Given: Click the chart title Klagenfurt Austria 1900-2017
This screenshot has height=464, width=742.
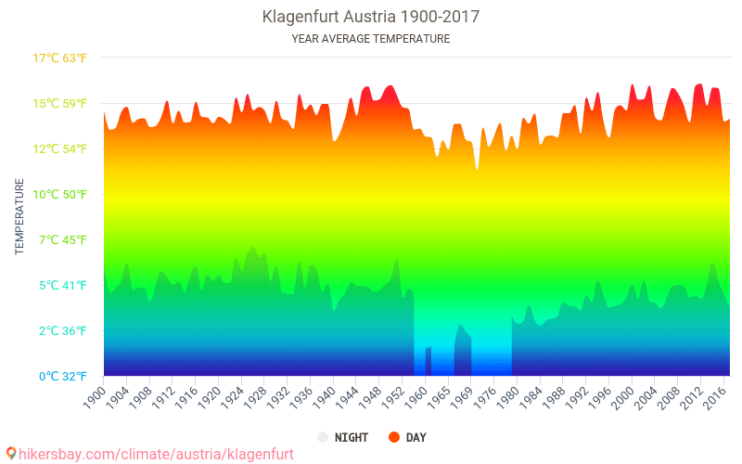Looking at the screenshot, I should tap(370, 17).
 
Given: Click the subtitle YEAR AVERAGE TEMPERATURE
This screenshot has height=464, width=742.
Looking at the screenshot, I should tap(370, 39).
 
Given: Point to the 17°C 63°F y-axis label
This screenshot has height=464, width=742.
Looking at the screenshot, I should tap(60, 58).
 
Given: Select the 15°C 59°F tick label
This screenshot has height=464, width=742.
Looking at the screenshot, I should tap(60, 103).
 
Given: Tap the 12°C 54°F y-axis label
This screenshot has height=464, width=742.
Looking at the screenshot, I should tap(60, 148).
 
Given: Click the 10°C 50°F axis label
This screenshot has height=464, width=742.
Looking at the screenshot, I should tap(60, 194).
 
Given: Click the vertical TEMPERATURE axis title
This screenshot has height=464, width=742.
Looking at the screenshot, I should tap(19, 216).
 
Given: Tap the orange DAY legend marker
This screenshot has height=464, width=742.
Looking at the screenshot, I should tap(393, 437).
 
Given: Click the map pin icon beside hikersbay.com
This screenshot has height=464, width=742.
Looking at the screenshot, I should tap(10, 454).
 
